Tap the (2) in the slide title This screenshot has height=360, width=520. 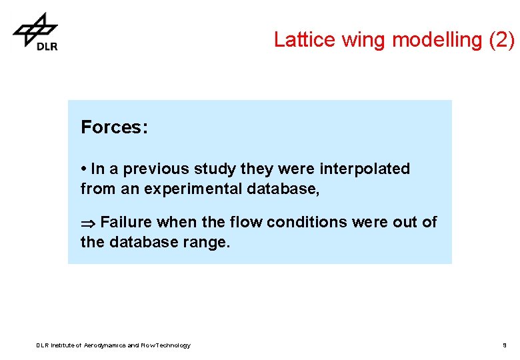[x=501, y=40]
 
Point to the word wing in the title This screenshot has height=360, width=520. [x=365, y=40]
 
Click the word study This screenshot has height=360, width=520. [x=215, y=169]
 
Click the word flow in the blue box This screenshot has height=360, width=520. [x=247, y=222]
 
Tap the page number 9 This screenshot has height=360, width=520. [x=505, y=345]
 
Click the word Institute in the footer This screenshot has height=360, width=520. [x=57, y=345]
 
